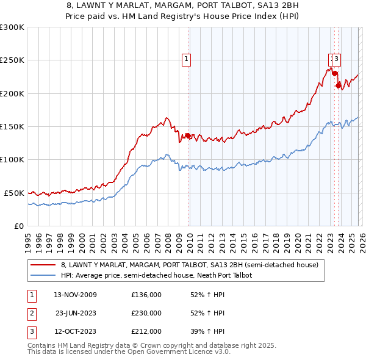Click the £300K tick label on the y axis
click(x=12, y=27)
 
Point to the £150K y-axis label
click(x=12, y=126)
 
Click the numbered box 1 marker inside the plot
click(x=186, y=59)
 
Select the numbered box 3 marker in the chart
click(x=337, y=59)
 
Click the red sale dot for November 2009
click(x=188, y=135)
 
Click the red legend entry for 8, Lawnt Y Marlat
click(x=189, y=265)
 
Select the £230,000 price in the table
click(x=146, y=313)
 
